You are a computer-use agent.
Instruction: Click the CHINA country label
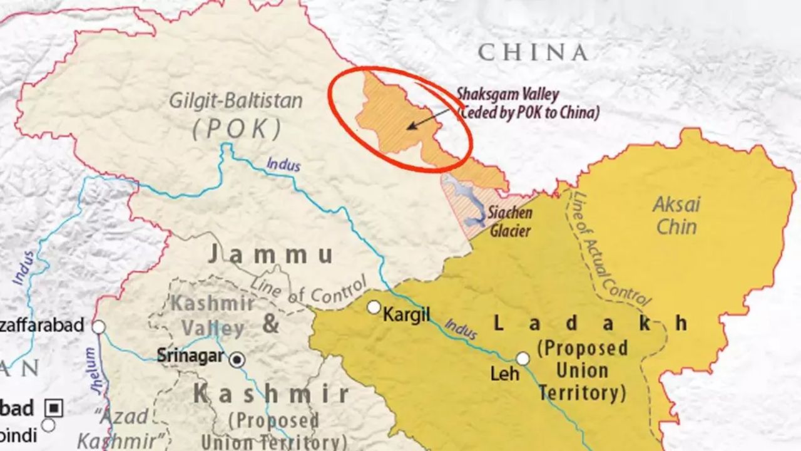(533, 53)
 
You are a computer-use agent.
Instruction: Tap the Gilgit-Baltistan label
(237, 101)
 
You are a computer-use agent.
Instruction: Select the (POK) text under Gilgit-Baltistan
(237, 128)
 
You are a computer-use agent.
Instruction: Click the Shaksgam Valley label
(507, 95)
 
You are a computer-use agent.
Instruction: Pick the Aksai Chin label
(676, 215)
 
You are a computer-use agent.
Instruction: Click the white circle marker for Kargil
(374, 308)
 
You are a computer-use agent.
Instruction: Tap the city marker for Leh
(523, 358)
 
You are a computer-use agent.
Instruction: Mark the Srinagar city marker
(237, 360)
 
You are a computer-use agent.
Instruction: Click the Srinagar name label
(190, 355)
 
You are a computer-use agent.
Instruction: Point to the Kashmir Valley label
(213, 315)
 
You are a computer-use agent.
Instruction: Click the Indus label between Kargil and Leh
(461, 329)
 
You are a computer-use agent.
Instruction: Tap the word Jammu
(270, 254)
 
